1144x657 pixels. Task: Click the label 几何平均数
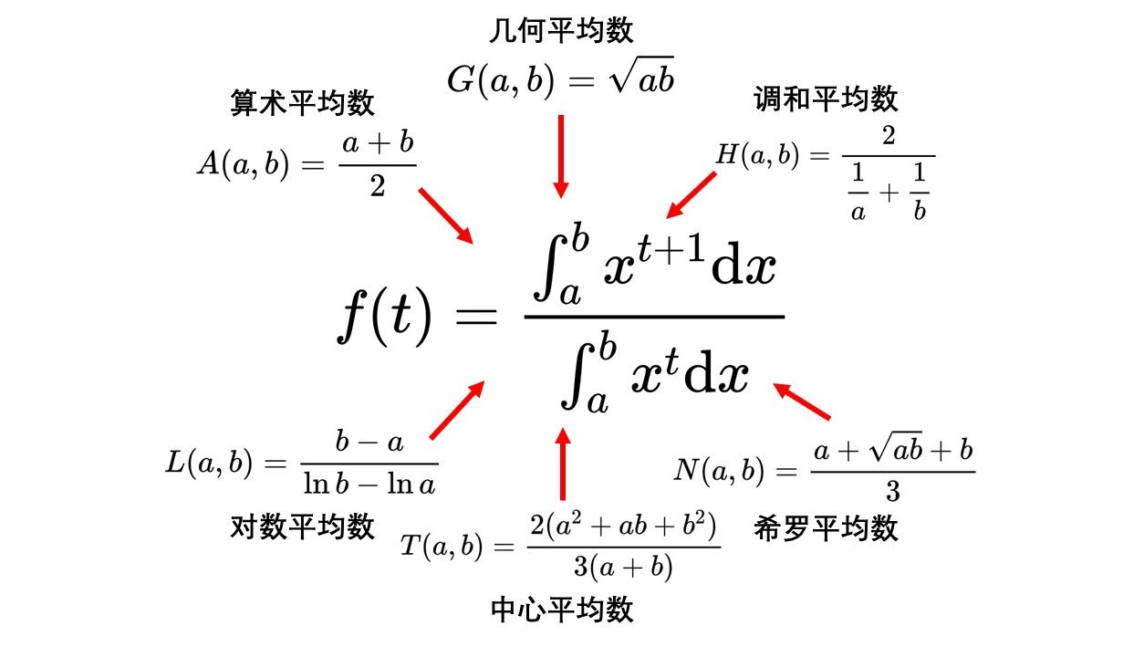561,30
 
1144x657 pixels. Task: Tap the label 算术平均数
302,102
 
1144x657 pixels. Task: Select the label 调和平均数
826,99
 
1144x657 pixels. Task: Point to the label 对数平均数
302,527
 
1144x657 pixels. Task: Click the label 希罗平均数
826,528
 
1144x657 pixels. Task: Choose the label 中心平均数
561,610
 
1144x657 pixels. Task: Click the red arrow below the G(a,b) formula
561,155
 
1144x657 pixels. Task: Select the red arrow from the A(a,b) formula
446,215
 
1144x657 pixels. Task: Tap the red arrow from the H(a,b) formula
691,194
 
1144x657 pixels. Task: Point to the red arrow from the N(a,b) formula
802,401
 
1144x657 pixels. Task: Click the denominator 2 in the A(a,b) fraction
377,187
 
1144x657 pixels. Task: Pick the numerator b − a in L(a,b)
369,443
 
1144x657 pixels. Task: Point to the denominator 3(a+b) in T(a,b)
624,567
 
